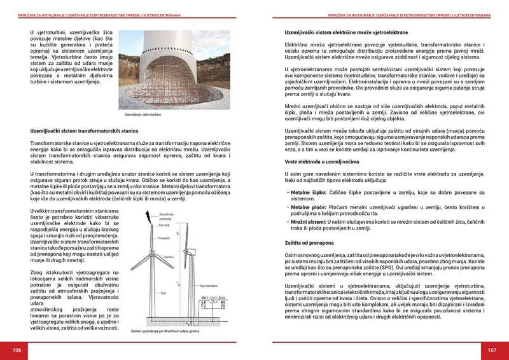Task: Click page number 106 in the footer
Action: [x=17, y=350]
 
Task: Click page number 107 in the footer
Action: [x=492, y=350]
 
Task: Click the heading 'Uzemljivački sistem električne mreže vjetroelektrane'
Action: [x=346, y=32]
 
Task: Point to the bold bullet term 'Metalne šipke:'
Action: [x=310, y=191]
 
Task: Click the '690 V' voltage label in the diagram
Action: [x=204, y=297]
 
